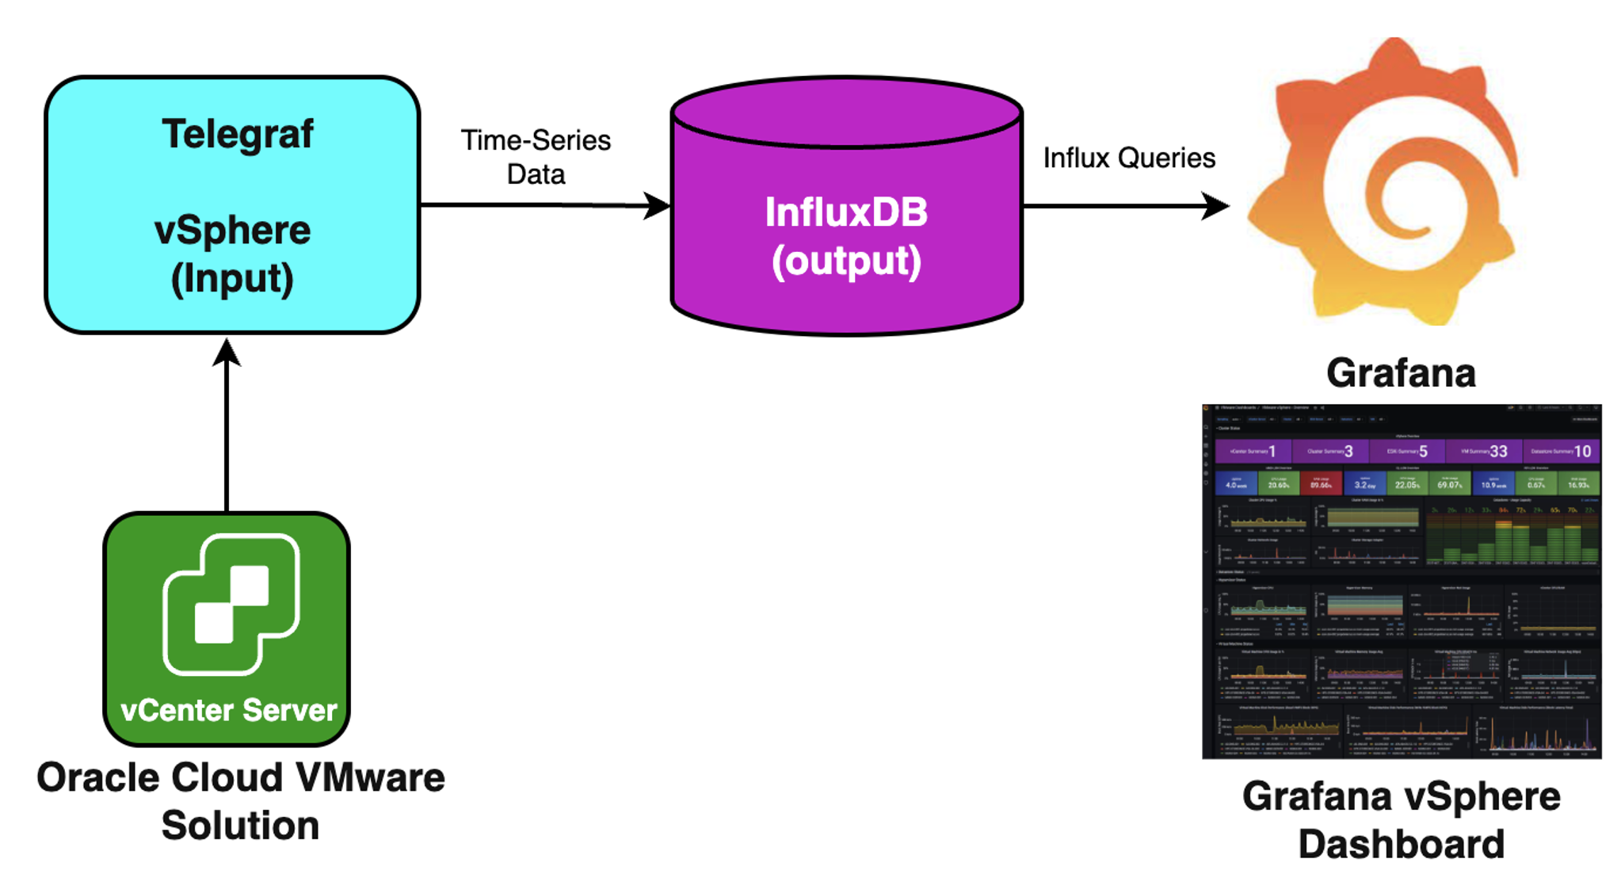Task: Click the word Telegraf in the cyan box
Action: (237, 133)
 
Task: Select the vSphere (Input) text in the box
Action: (232, 254)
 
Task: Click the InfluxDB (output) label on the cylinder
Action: (846, 236)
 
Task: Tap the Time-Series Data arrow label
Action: (536, 157)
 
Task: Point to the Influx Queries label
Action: (1128, 158)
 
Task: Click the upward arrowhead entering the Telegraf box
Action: (227, 353)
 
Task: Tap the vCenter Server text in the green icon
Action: (228, 710)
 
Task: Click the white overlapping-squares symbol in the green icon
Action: (231, 604)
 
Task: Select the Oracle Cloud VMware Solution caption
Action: (241, 800)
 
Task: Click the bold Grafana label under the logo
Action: (1401, 372)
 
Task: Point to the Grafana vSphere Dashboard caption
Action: (1401, 819)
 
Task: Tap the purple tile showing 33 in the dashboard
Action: (1483, 451)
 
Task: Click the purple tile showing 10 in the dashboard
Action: (1561, 451)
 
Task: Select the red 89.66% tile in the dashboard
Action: (1321, 483)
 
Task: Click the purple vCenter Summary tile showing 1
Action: (1253, 451)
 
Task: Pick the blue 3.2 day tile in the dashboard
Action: (1364, 483)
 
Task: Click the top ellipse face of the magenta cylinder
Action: (846, 113)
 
